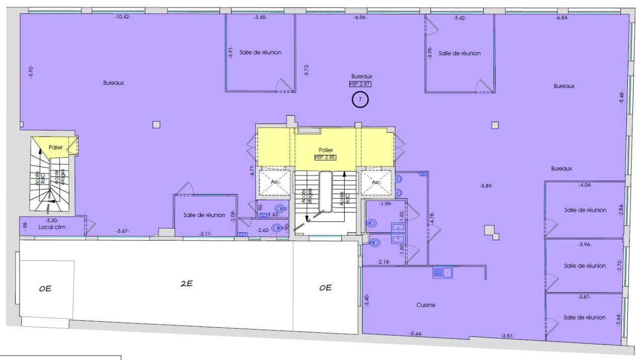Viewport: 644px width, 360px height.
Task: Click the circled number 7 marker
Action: (360, 100)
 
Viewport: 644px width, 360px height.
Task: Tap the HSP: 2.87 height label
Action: (360, 84)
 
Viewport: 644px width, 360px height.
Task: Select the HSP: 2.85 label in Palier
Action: (325, 157)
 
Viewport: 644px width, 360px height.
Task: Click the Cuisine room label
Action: (426, 305)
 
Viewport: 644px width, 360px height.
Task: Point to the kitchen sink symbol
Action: (443, 273)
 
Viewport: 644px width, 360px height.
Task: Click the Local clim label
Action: (52, 227)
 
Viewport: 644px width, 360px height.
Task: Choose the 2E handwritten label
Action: (187, 284)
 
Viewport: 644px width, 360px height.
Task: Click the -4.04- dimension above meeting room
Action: (586, 185)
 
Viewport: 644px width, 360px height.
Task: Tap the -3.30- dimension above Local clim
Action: (51, 220)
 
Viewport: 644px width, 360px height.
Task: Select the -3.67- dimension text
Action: (122, 231)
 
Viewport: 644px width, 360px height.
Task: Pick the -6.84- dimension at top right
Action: (562, 18)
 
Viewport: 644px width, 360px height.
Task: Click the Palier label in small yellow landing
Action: (55, 147)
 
